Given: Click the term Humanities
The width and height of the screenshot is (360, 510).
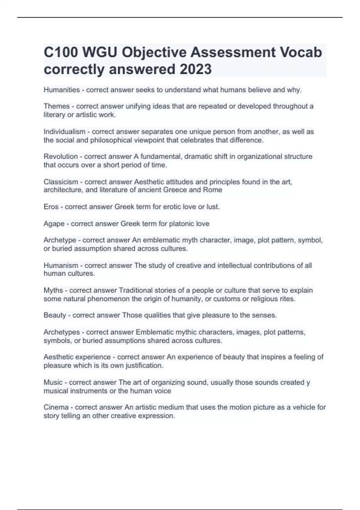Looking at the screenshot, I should (62, 90).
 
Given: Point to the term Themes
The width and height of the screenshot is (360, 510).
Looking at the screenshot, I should (57, 106).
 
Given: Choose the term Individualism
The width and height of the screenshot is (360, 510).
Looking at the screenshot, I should (64, 132).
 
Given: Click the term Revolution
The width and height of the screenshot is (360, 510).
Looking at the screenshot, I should (61, 157).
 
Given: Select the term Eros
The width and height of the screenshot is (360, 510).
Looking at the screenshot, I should (51, 207).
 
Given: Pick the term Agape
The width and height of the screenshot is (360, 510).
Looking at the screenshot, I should (54, 224).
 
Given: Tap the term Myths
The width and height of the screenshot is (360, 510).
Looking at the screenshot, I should (53, 290).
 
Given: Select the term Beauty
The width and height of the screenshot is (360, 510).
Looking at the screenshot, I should (55, 315).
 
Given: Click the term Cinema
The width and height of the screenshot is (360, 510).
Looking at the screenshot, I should (56, 407).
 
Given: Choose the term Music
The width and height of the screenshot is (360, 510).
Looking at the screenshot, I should (53, 382).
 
